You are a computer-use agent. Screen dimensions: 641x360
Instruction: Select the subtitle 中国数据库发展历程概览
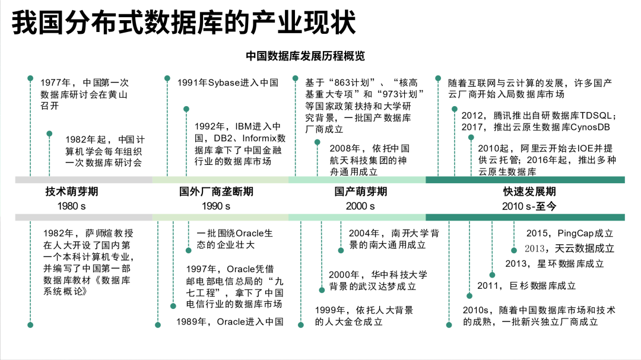tap(305, 56)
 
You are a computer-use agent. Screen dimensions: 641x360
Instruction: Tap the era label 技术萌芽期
tap(72, 192)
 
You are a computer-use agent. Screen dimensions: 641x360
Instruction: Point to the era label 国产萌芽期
tap(360, 192)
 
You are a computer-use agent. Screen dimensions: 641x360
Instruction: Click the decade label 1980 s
tap(72, 206)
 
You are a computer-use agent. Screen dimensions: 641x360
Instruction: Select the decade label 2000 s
tap(360, 206)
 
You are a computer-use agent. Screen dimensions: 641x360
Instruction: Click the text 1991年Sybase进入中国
tap(228, 83)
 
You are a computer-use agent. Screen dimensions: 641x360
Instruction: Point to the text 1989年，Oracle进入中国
tap(230, 322)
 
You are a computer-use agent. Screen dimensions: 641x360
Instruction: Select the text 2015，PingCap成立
tap(570, 233)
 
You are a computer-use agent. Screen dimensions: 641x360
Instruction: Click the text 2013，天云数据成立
tap(569, 249)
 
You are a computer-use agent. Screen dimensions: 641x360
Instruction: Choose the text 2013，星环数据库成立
tap(554, 263)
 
